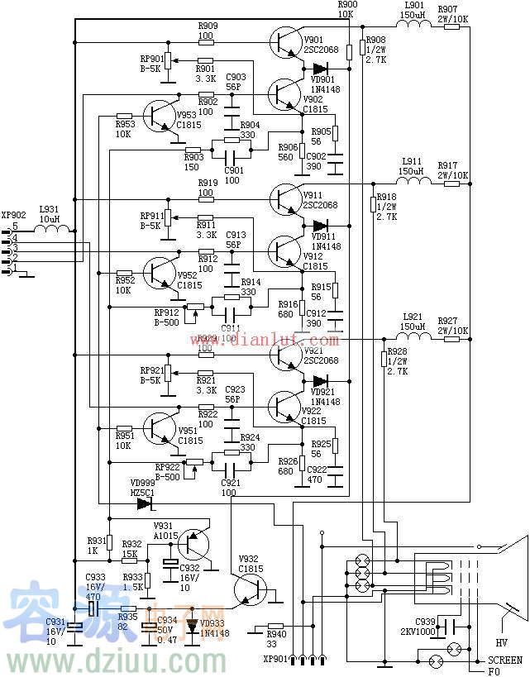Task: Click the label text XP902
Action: coord(14,214)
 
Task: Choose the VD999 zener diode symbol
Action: coord(145,502)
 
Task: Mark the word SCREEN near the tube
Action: coord(504,660)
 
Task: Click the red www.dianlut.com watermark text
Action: coord(265,340)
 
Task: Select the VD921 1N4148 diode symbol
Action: coord(321,380)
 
